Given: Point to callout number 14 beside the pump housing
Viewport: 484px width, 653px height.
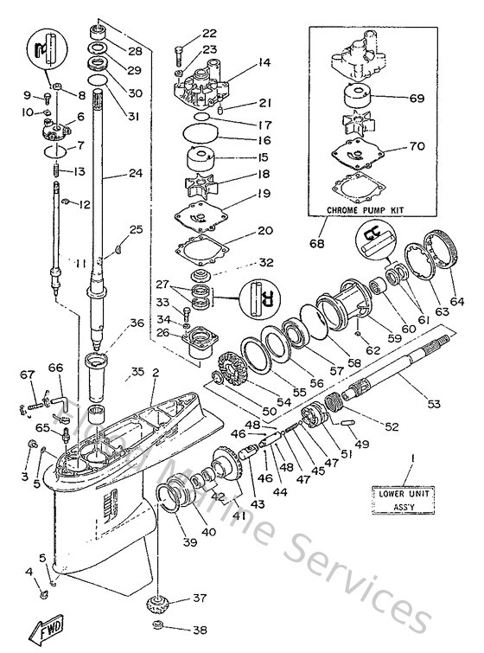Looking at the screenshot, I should (x=263, y=63).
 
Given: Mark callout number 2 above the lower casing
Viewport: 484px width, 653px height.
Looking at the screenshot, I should (x=156, y=373).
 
